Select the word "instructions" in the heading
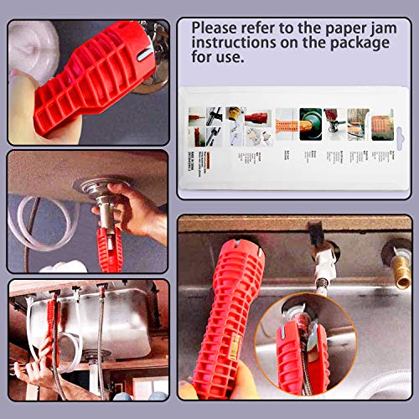pos(230,43)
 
